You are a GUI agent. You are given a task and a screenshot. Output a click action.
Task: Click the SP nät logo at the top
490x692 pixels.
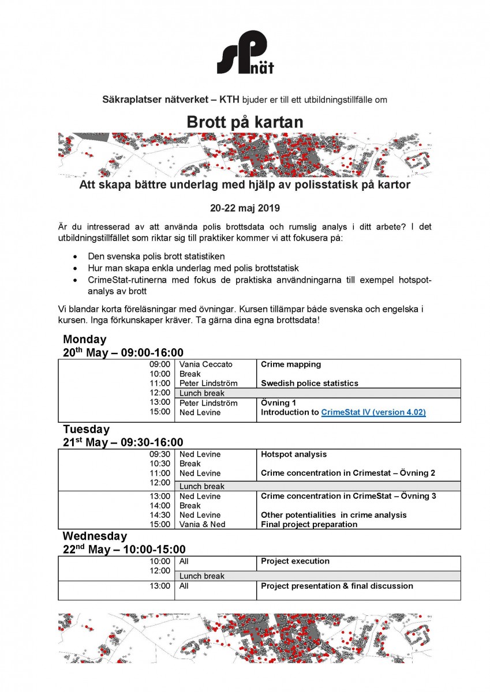tap(245, 53)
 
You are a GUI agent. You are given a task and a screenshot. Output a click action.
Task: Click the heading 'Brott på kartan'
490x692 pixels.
tap(245, 122)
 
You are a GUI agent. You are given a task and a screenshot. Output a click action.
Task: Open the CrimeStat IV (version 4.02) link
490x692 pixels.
tap(373, 412)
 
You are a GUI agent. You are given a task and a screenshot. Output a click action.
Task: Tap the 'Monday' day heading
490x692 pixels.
tap(85, 339)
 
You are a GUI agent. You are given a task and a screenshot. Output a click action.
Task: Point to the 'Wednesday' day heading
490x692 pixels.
tap(95, 536)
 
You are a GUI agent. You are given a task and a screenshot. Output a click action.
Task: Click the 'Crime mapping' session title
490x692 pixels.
tap(291, 364)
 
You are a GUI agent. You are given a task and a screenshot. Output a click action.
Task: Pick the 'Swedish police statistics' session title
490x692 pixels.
tap(309, 383)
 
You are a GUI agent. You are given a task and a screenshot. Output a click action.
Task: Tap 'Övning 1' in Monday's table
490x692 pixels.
tap(280, 403)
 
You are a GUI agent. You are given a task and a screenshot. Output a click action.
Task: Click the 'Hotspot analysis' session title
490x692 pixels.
tap(294, 454)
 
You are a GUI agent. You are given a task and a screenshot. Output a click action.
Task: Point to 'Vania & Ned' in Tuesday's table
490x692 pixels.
tap(203, 524)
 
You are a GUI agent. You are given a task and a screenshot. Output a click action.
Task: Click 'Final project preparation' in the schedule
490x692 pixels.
tap(309, 524)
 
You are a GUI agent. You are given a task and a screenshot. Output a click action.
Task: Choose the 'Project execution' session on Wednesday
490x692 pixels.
tap(295, 561)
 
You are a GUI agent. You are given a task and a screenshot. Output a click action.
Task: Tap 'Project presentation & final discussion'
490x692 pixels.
tap(337, 586)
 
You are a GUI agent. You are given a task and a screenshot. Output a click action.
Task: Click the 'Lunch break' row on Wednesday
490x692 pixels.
tap(202, 576)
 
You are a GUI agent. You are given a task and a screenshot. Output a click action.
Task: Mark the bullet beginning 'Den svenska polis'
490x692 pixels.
tap(156, 255)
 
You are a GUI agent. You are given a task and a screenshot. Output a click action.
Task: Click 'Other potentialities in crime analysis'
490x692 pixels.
tap(334, 515)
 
